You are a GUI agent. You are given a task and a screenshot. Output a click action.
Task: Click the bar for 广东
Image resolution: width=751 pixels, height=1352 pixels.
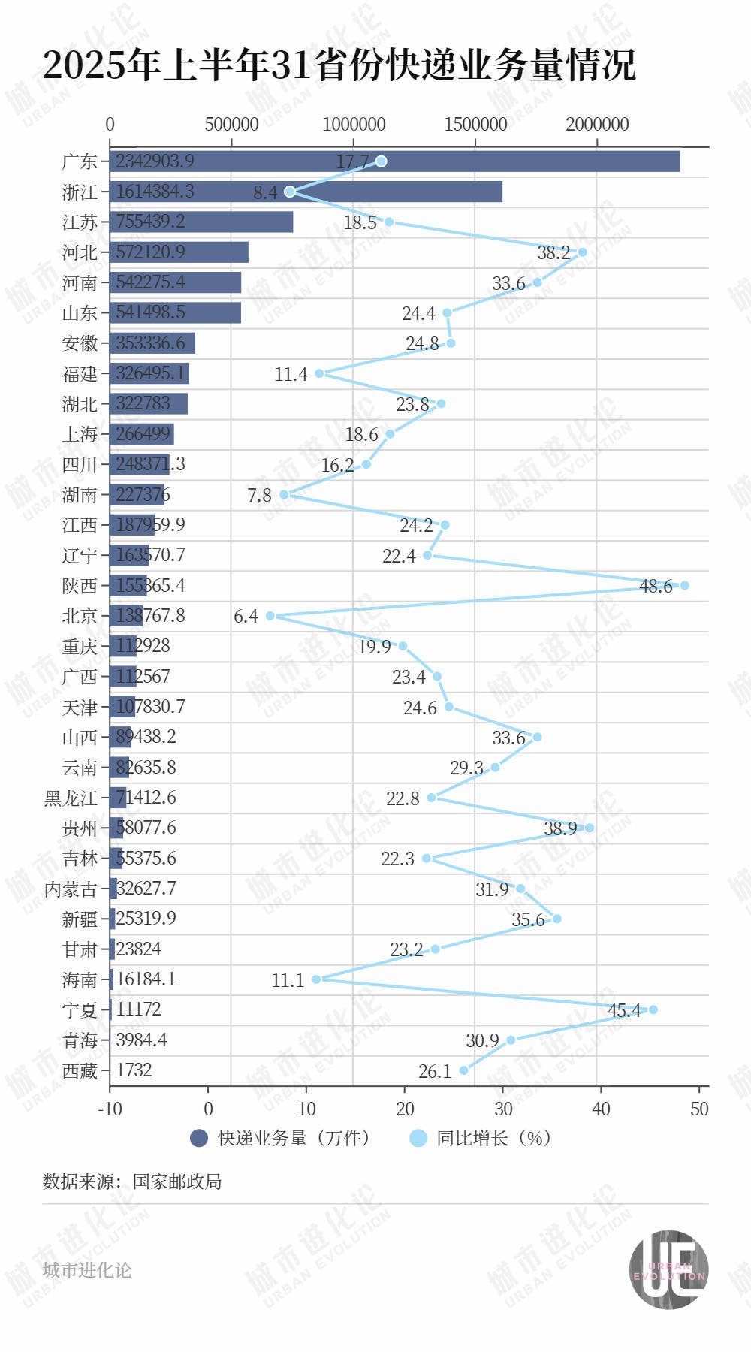(394, 161)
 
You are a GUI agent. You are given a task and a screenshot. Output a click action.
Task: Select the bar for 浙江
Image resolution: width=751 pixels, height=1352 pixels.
(306, 192)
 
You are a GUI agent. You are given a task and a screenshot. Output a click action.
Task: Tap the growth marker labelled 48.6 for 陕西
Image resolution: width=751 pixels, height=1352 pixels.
(683, 585)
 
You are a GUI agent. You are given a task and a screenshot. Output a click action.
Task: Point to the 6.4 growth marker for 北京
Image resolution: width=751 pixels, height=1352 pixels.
(270, 616)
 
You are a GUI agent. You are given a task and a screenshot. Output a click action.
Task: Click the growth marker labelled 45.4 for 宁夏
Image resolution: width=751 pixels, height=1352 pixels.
(653, 1009)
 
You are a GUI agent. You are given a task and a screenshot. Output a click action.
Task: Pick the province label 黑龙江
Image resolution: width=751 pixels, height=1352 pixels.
(71, 798)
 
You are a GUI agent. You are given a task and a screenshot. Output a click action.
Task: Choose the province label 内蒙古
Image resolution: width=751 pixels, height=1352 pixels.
(71, 889)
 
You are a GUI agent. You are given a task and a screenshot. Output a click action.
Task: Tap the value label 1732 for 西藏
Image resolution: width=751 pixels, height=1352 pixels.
(134, 1070)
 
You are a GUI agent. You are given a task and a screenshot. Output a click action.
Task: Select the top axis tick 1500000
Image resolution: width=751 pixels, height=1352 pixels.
(475, 124)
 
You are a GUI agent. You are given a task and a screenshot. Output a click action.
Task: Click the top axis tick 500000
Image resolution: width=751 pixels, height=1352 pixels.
(231, 124)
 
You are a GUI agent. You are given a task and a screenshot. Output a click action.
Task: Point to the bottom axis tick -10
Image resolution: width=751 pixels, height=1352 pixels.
(110, 1109)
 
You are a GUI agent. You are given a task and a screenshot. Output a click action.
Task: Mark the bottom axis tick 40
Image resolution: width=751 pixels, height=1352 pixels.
(601, 1109)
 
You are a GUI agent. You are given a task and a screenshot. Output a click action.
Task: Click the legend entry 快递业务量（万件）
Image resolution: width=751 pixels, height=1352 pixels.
(282, 1138)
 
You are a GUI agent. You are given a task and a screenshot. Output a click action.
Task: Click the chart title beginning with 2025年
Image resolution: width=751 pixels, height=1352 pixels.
(339, 65)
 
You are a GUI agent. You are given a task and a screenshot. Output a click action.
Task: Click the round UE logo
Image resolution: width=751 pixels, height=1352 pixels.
(668, 1269)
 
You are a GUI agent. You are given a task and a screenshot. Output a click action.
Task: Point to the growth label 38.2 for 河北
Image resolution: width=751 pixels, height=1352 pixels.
(553, 253)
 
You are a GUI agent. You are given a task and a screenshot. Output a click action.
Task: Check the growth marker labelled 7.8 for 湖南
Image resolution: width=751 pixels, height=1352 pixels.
(284, 494)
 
